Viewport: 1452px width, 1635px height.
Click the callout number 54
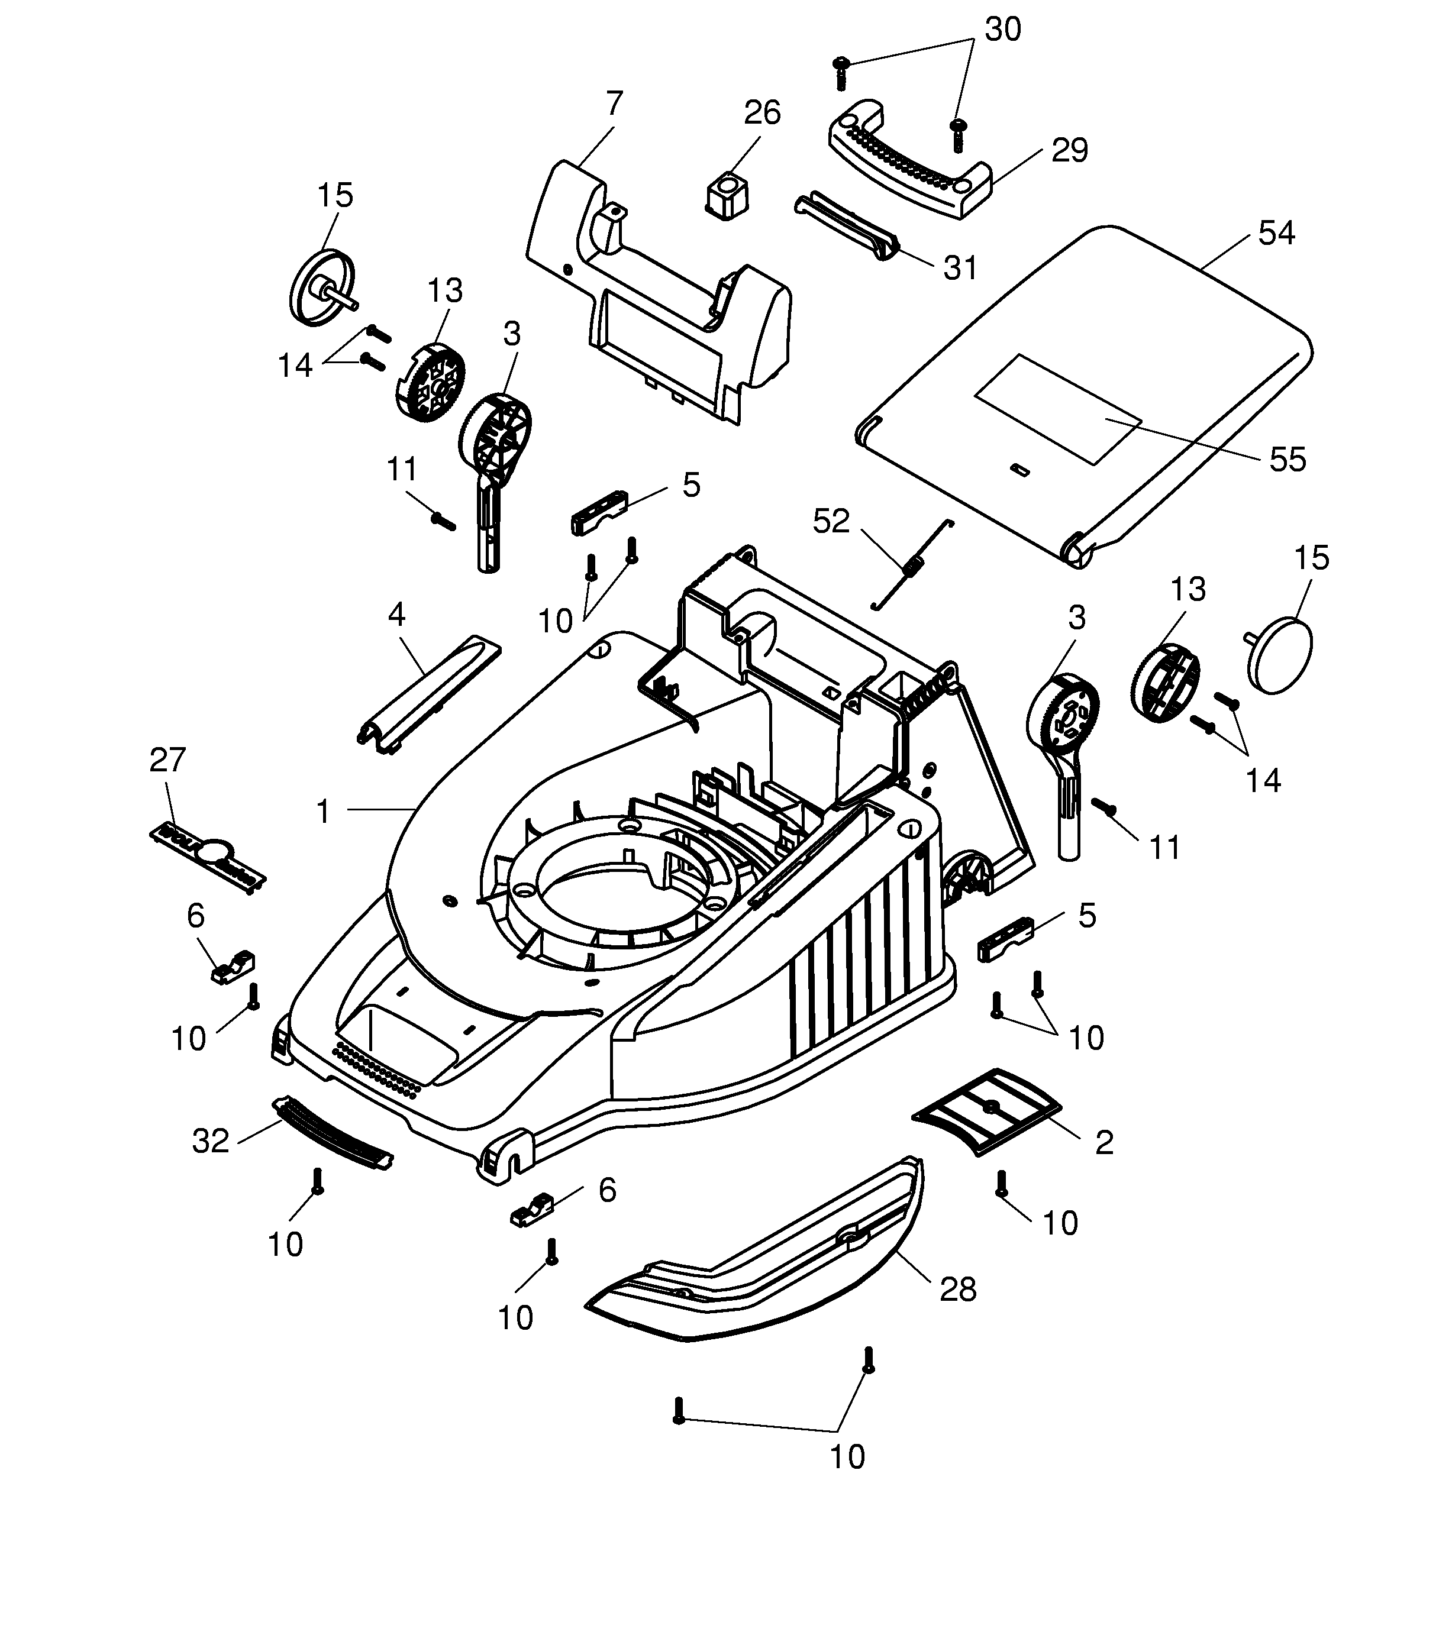point(1276,233)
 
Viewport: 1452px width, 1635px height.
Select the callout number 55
point(1287,459)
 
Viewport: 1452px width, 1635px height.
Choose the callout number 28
point(957,1290)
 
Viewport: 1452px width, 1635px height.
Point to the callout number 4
point(396,615)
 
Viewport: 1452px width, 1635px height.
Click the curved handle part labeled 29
point(909,160)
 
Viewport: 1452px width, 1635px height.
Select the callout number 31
point(960,269)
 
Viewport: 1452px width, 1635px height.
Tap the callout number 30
point(1002,30)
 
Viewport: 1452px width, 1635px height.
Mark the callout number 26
point(762,113)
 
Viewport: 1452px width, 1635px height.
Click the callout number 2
point(1104,1143)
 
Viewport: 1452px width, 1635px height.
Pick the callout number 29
point(1070,150)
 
